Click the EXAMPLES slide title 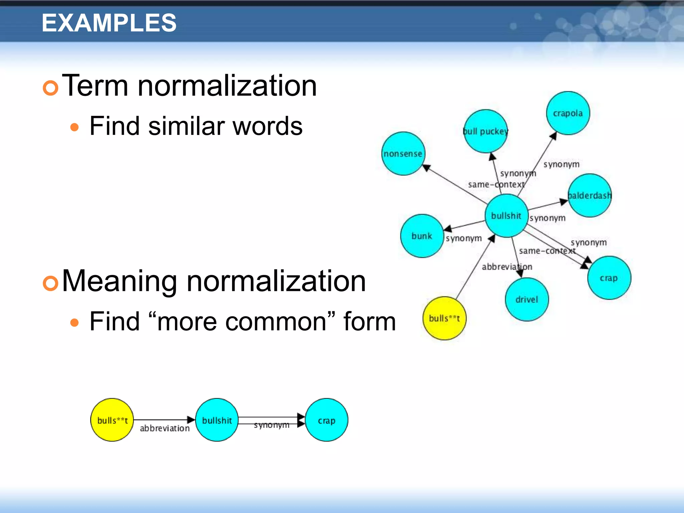(x=109, y=23)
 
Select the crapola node (x=568, y=113)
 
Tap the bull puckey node (x=486, y=131)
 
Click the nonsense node (x=403, y=154)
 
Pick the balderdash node (x=590, y=195)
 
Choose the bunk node (x=422, y=236)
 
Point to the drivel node (x=527, y=299)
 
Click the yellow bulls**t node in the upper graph (x=444, y=318)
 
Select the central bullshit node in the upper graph (x=506, y=216)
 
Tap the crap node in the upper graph (x=609, y=278)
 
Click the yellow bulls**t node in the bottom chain (x=112, y=420)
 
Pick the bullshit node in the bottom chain (x=217, y=420)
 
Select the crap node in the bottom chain (x=326, y=420)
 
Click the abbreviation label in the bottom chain (x=165, y=429)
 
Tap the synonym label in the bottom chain (x=271, y=425)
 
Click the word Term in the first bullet (x=95, y=86)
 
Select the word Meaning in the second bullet (x=119, y=282)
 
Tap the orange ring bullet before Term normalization (x=51, y=88)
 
